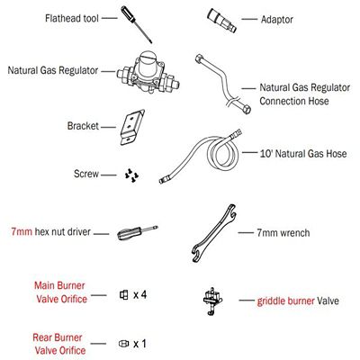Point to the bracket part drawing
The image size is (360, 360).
133,127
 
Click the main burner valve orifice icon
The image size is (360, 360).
124,295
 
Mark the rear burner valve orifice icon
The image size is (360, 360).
123,344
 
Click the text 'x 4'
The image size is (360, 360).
141,295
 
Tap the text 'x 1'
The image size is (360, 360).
140,344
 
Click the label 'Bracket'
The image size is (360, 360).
82,127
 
